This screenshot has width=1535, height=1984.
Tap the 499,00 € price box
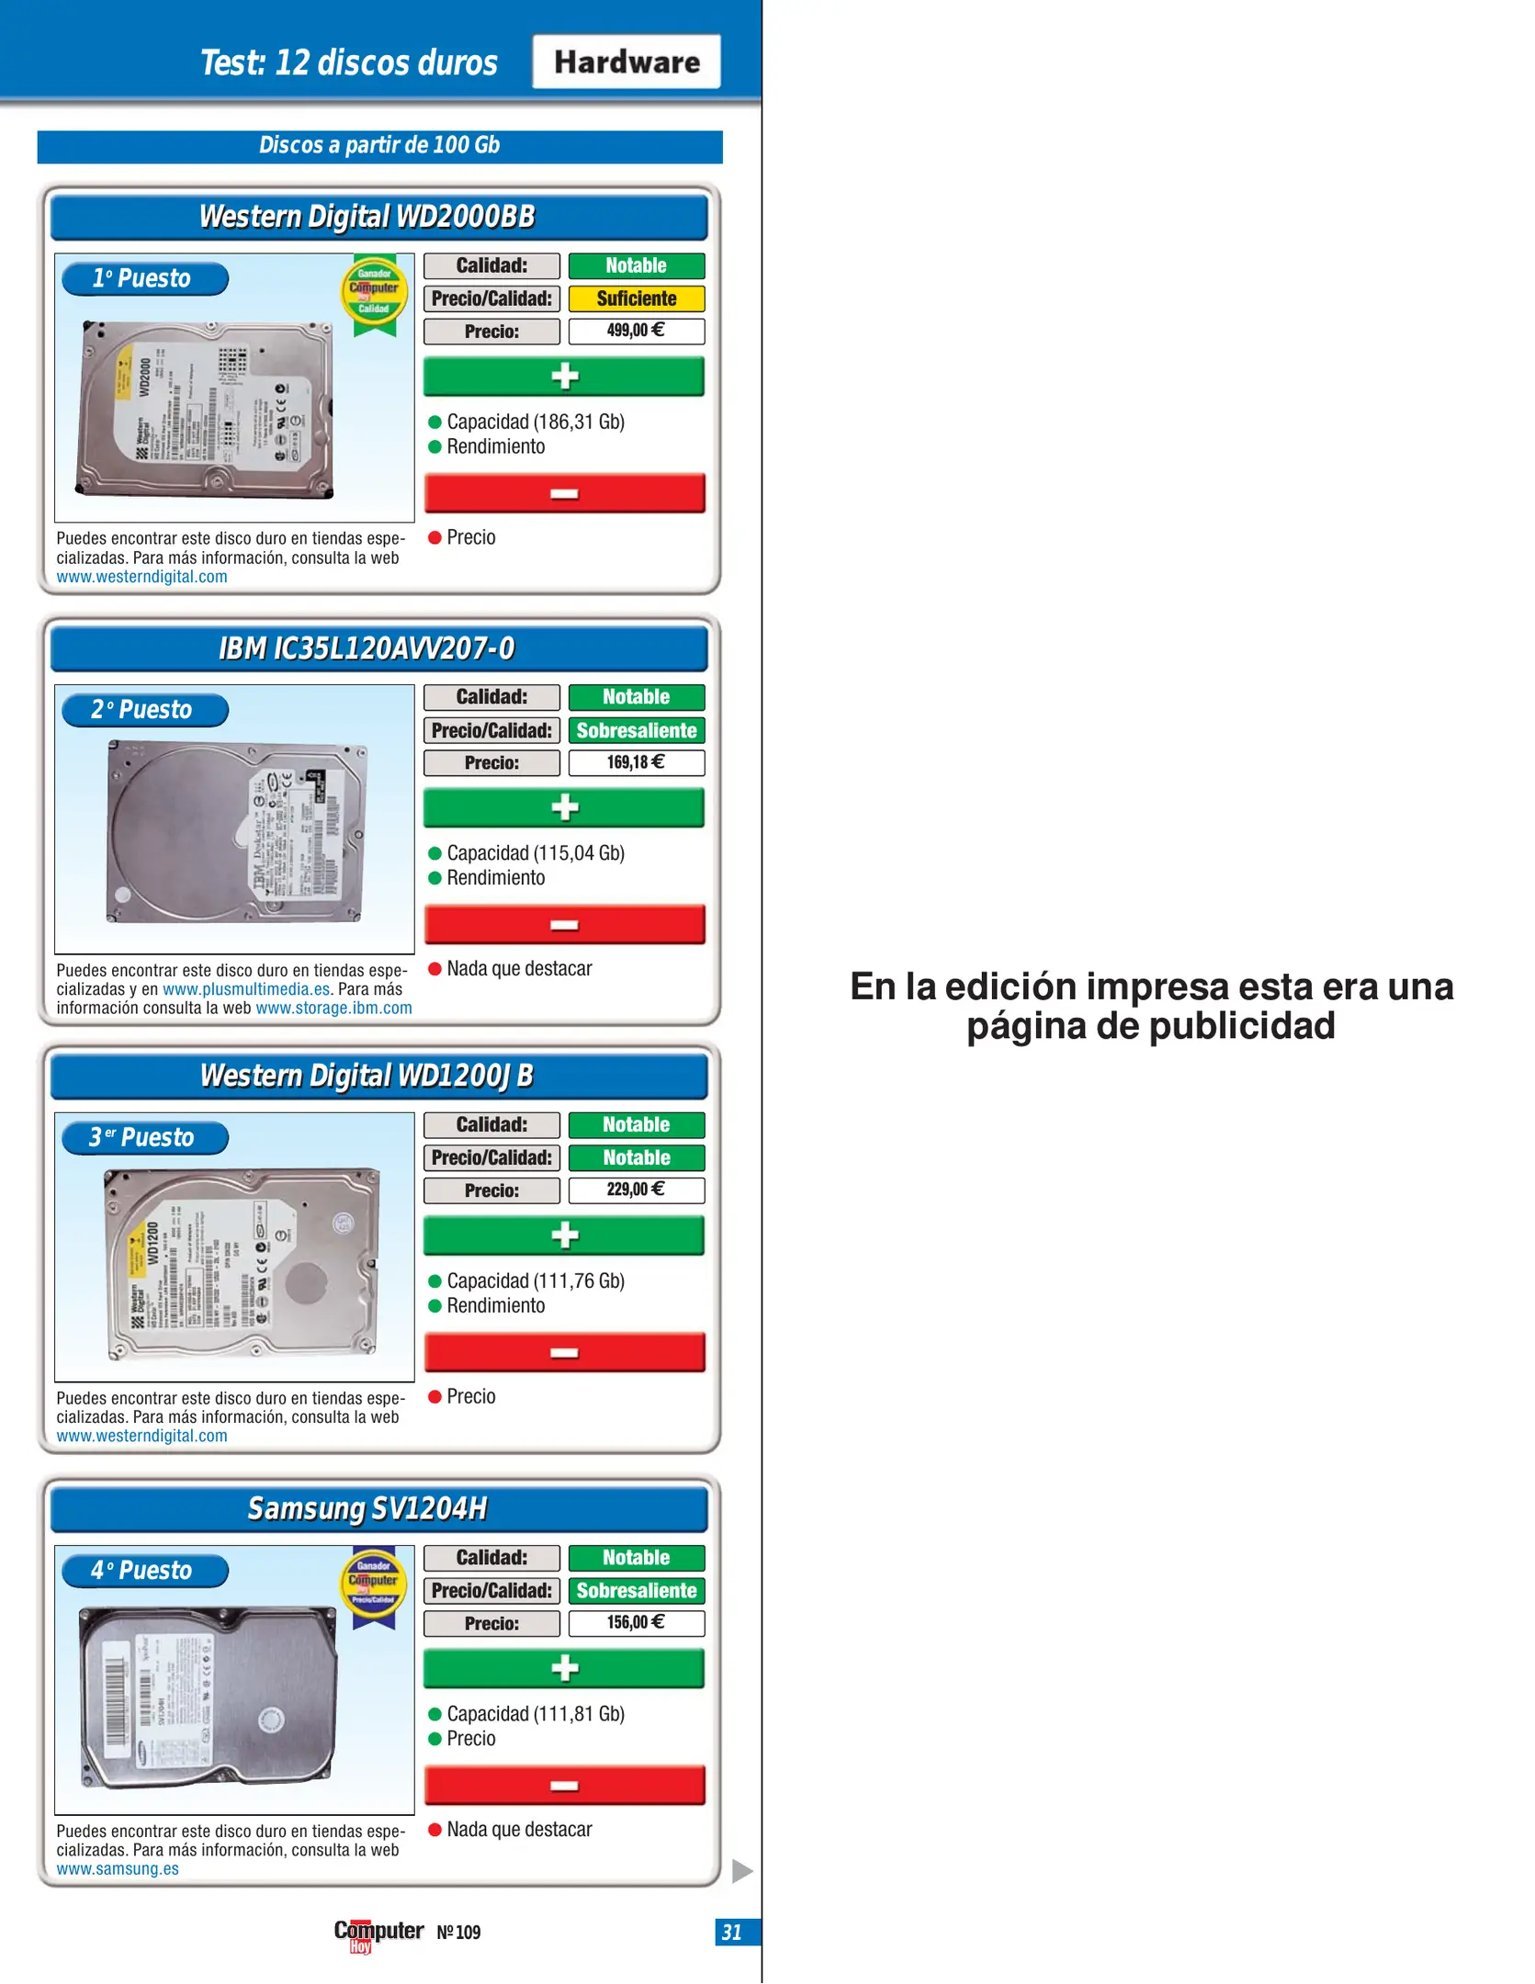coord(636,331)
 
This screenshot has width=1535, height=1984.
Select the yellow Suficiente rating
coord(636,299)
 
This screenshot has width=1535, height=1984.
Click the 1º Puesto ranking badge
coord(144,278)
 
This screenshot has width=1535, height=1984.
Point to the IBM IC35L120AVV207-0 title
coord(367,648)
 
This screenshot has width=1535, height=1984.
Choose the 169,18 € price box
coord(636,762)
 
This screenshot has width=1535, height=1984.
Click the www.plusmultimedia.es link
coord(246,989)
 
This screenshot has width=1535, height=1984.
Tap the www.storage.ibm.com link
coord(333,1008)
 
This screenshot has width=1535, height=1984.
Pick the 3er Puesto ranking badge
coord(144,1138)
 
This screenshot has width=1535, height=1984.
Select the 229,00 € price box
coord(636,1189)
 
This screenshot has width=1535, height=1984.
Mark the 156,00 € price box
coord(636,1622)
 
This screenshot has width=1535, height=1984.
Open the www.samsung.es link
coord(118,1868)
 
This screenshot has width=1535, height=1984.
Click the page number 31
coord(732,1932)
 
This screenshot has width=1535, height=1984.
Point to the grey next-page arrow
coord(742,1870)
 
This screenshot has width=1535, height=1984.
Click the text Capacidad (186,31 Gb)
coord(536,422)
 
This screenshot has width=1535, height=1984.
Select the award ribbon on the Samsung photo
coord(373,1588)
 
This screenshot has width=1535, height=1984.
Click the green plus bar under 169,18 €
coord(564,807)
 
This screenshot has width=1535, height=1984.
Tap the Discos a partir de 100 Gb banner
coord(379,146)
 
